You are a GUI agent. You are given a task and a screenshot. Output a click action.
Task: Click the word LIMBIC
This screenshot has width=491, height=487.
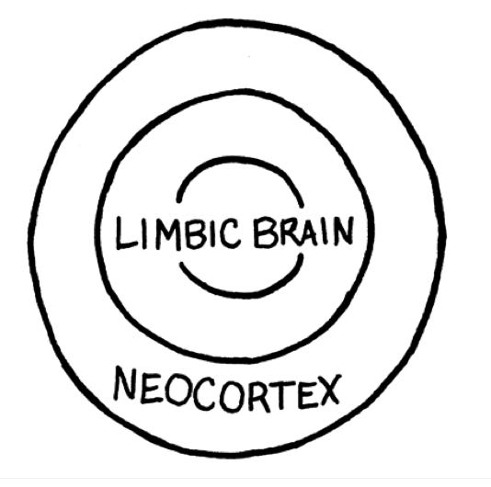click(x=178, y=232)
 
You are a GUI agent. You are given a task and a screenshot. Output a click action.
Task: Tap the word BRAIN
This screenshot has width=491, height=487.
click(x=304, y=232)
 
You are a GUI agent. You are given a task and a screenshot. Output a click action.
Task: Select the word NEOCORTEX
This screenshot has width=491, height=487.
click(x=227, y=390)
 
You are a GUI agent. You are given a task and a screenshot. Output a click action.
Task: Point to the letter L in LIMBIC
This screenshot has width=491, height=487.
click(x=126, y=233)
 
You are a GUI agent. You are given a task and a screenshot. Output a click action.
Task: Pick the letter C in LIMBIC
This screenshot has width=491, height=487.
click(x=231, y=232)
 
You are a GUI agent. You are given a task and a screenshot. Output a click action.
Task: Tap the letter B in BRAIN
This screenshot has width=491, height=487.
click(x=266, y=232)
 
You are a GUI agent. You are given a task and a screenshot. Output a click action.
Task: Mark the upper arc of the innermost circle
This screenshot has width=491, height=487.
click(x=241, y=158)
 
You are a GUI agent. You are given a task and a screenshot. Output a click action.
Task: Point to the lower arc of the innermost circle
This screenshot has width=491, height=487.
click(x=241, y=295)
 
